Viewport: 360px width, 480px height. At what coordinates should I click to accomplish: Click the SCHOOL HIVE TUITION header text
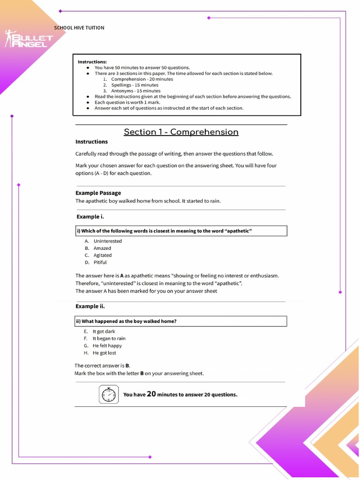coord(79,28)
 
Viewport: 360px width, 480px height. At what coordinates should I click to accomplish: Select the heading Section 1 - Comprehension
coord(181,132)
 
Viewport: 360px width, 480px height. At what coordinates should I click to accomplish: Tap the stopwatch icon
coord(109,394)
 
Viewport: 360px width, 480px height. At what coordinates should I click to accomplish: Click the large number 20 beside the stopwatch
coord(151,394)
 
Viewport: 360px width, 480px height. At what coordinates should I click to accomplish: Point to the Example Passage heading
coord(98,193)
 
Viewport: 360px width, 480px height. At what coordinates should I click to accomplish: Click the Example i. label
coord(90,217)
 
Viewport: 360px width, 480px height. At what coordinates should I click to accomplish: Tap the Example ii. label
coord(90,306)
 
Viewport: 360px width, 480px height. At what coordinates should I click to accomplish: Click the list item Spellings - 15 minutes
coord(135,85)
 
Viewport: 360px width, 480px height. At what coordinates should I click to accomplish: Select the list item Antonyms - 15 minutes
coord(135,91)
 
